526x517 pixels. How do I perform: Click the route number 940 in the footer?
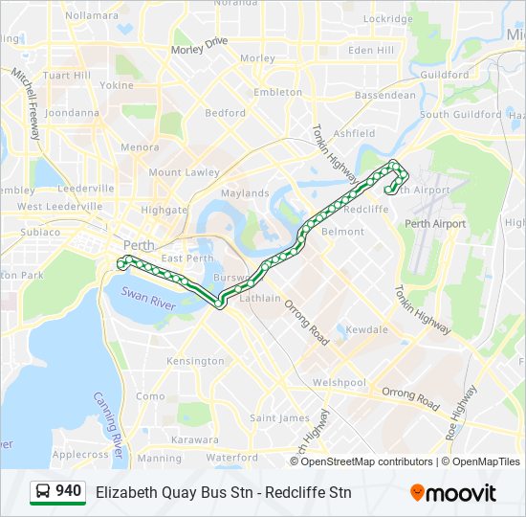coord(68,491)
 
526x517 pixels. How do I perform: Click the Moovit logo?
coord(453,492)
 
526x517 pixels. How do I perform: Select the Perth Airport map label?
coord(435,224)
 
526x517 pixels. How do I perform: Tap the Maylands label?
coord(246,192)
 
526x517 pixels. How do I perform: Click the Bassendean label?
coord(385,96)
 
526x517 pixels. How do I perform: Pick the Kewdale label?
coord(367,329)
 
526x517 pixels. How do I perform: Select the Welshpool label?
coord(340,383)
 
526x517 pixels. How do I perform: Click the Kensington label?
coord(194,361)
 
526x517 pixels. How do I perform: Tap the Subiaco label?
coord(41,232)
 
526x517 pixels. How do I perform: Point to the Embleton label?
coord(278,92)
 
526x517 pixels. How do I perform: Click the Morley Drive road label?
coord(200,45)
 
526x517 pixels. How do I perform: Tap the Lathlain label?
coord(261,298)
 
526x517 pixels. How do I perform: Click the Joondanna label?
coord(72,112)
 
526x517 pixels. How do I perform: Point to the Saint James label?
coord(279,418)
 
